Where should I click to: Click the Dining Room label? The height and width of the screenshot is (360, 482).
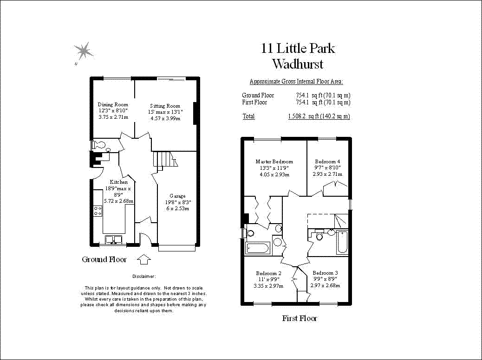(112, 104)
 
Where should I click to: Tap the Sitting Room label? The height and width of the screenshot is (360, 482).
(165, 106)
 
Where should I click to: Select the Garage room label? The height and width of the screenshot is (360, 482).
(177, 196)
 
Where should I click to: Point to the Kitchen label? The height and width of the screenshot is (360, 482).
(118, 182)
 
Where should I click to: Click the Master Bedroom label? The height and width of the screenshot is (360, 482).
(274, 161)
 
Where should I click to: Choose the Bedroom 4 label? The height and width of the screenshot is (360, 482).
(327, 161)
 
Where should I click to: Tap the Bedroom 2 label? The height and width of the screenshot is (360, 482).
(268, 273)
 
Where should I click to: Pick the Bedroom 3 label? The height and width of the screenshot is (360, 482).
(325, 273)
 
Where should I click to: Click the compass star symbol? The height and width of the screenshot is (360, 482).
(83, 51)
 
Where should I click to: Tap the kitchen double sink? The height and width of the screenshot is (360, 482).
(113, 239)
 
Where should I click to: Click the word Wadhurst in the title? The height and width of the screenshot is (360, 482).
(298, 64)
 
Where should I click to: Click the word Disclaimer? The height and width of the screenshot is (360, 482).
(144, 276)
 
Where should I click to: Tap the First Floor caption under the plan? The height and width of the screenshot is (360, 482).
(300, 318)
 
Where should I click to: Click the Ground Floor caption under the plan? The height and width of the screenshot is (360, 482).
(104, 259)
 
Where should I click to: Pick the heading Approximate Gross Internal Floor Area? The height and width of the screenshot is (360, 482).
(296, 82)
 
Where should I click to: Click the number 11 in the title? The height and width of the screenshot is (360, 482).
(267, 48)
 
